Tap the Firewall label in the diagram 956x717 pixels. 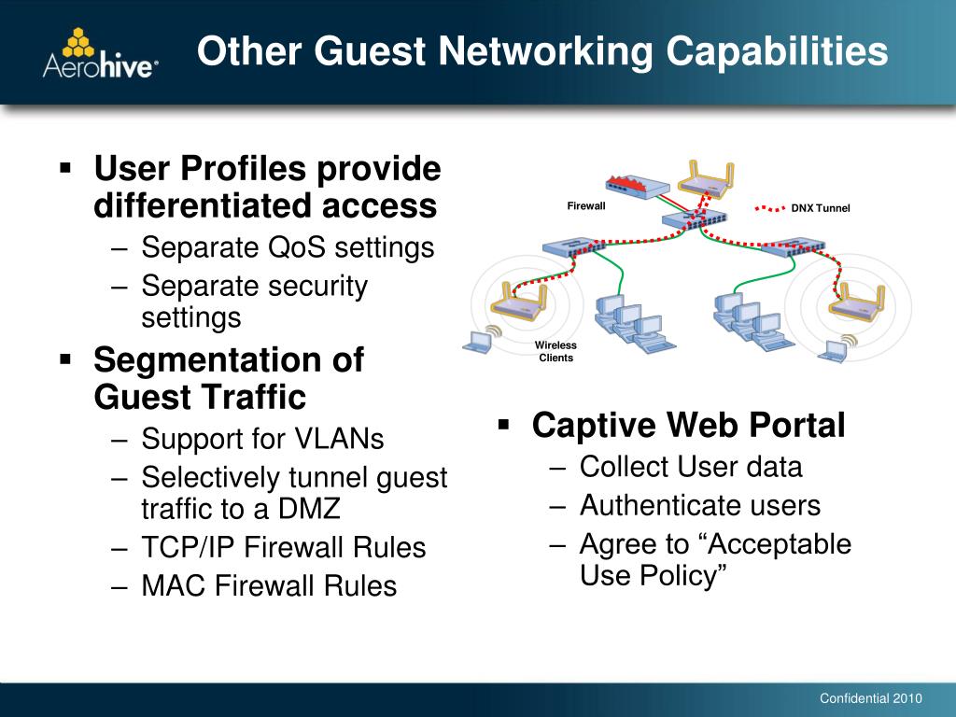coord(586,206)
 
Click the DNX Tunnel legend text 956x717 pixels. coord(821,208)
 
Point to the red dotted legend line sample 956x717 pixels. coord(769,208)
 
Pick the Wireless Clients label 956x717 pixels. coord(555,352)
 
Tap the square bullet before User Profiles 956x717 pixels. coord(65,170)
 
